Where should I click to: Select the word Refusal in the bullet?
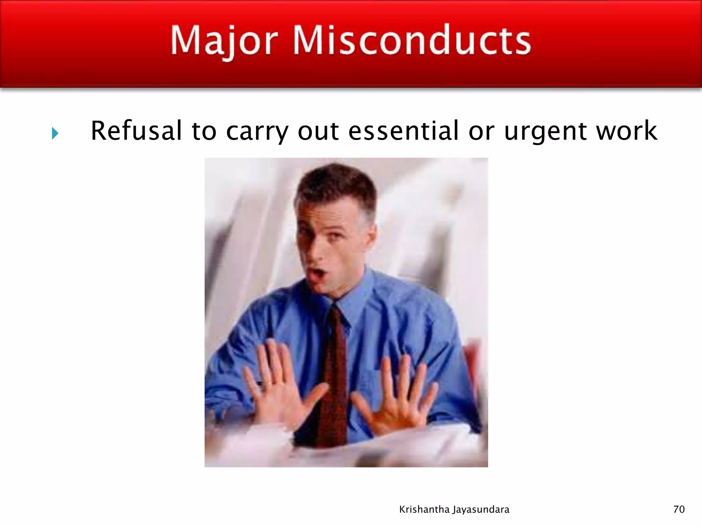(136, 131)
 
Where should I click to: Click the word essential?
(403, 131)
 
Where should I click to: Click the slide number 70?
(679, 510)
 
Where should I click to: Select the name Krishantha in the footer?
(424, 510)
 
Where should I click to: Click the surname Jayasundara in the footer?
(481, 510)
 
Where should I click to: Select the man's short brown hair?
(334, 185)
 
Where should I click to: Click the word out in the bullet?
(318, 131)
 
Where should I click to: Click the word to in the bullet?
(204, 131)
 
